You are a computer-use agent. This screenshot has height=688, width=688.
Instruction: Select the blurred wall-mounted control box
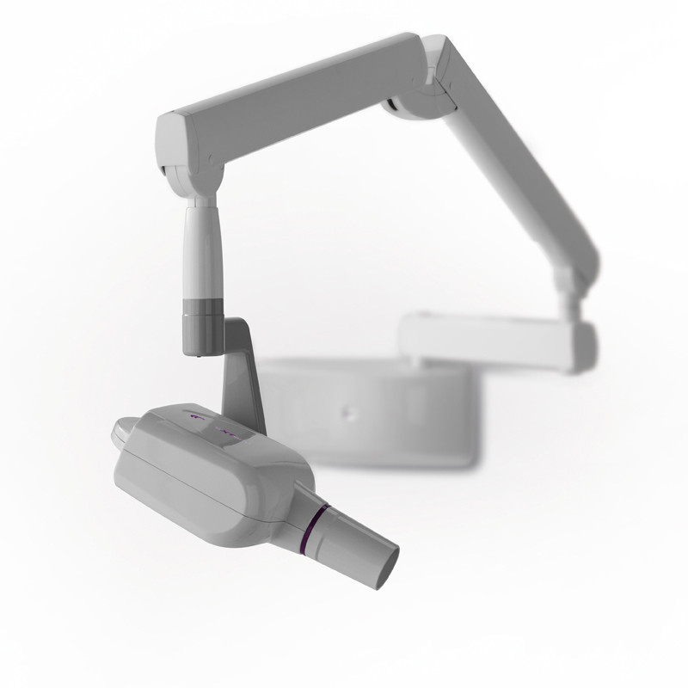tap(370, 413)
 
